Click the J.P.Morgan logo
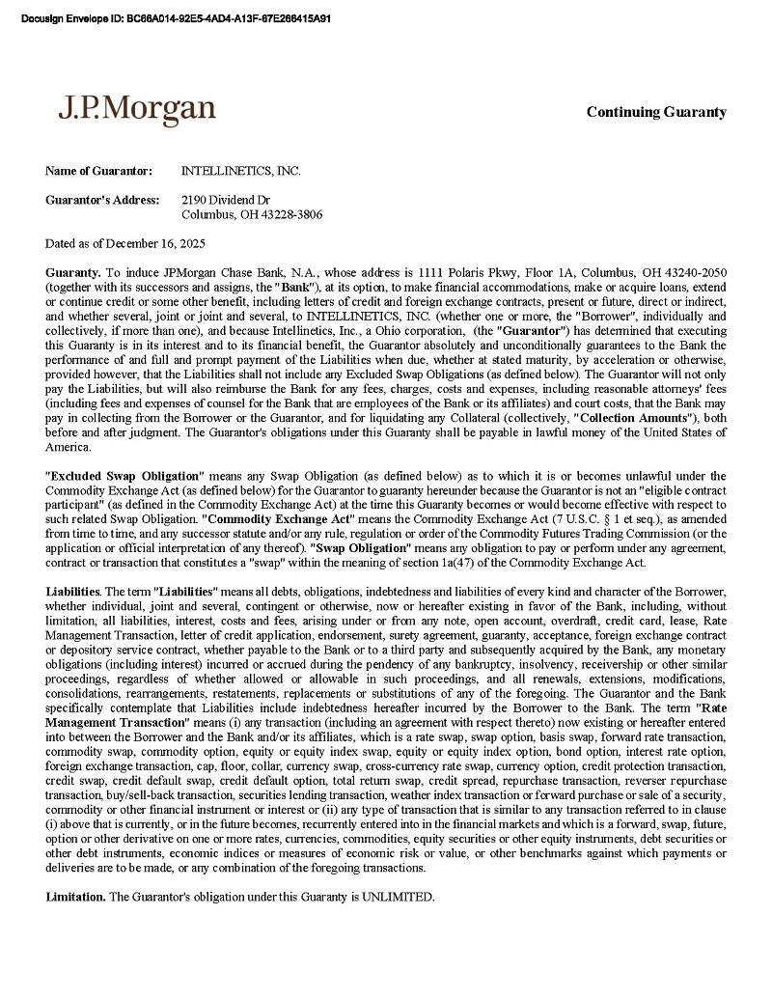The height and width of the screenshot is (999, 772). [136, 108]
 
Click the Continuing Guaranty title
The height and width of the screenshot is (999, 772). [656, 112]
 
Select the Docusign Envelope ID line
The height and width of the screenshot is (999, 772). [175, 17]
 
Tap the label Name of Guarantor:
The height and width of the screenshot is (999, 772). [98, 171]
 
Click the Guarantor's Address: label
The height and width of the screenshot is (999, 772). [101, 200]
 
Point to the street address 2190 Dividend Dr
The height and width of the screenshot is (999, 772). [226, 200]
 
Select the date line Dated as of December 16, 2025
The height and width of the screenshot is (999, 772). [124, 243]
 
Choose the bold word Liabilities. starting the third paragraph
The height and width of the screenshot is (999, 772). [73, 591]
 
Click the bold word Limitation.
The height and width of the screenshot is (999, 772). [75, 897]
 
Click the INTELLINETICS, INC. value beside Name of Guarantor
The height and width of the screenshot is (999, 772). [241, 171]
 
